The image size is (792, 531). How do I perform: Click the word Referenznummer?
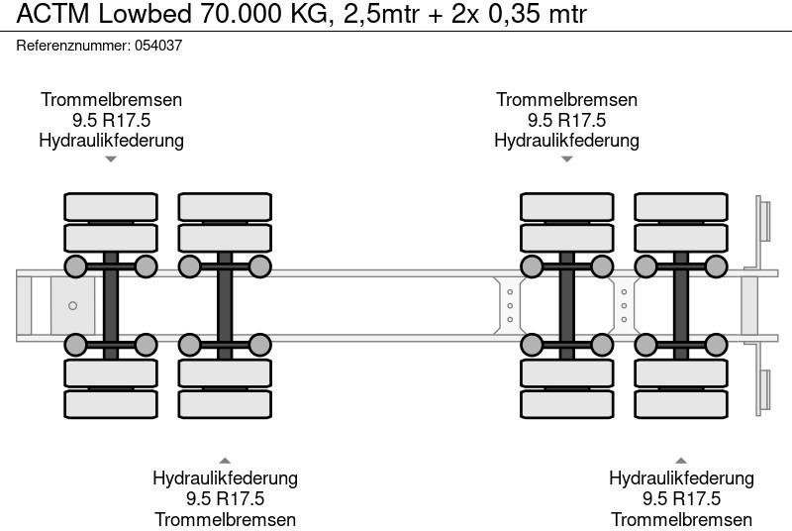pyautogui.click(x=73, y=46)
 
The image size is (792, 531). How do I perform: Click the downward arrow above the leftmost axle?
pyautogui.click(x=111, y=159)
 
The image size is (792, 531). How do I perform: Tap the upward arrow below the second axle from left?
pyautogui.click(x=225, y=460)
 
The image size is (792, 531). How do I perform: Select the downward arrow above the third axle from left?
pyautogui.click(x=566, y=159)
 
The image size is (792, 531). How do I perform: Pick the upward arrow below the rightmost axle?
pyautogui.click(x=681, y=460)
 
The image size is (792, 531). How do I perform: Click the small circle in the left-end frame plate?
pyautogui.click(x=72, y=306)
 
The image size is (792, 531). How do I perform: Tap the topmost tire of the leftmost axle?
pyautogui.click(x=111, y=206)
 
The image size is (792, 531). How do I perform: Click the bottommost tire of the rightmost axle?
pyautogui.click(x=681, y=404)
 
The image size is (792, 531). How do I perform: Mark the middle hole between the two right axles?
pyautogui.click(x=624, y=305)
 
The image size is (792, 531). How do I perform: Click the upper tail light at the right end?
pyautogui.click(x=764, y=219)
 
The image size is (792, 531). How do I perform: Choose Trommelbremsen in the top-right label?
pyautogui.click(x=566, y=100)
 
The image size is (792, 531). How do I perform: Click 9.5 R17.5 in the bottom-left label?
pyautogui.click(x=225, y=498)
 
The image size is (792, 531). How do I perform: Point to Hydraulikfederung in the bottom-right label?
pyautogui.click(x=681, y=478)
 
